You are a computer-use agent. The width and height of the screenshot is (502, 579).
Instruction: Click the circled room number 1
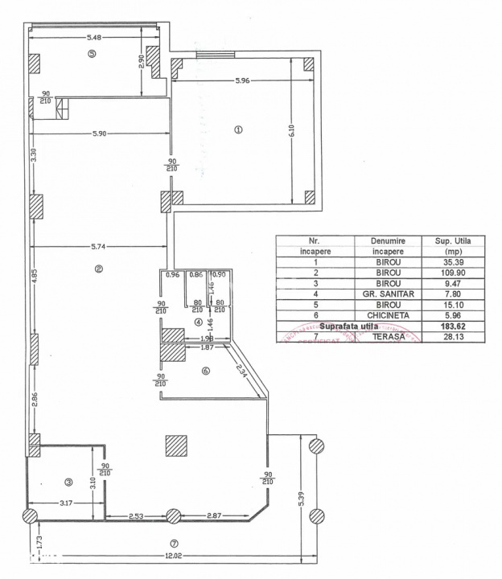237,130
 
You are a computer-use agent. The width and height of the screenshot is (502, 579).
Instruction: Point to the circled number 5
92,54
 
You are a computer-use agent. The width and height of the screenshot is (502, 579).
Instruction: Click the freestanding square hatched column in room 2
176,446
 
